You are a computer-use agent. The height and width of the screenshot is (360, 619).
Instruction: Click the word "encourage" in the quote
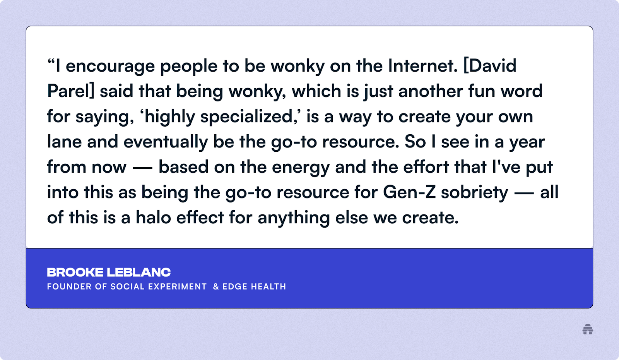110,66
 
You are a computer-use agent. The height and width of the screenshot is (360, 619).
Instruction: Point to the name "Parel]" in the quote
71,91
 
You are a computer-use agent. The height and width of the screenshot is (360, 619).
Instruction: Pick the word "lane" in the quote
64,142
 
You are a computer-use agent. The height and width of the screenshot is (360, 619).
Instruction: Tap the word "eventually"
166,142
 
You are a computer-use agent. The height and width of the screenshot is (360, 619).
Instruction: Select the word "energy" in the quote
301,168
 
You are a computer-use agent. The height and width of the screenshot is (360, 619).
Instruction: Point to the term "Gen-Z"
409,192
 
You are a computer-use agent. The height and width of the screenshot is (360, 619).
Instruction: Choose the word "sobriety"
474,193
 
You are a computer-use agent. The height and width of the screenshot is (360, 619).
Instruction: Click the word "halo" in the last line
153,217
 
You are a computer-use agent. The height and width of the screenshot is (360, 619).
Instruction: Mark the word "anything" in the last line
294,218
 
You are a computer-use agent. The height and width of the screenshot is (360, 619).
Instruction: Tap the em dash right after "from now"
142,168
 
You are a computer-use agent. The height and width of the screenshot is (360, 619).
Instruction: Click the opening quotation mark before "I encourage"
51,61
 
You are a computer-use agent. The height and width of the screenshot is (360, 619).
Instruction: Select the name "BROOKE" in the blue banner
75,273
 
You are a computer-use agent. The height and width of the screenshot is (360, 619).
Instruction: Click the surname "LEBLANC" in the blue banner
139,273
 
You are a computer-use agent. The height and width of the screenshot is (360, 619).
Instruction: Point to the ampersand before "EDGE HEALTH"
216,286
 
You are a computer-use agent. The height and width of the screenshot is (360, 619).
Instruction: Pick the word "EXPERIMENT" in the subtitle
178,286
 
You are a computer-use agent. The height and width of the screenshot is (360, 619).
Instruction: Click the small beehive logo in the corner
588,329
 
